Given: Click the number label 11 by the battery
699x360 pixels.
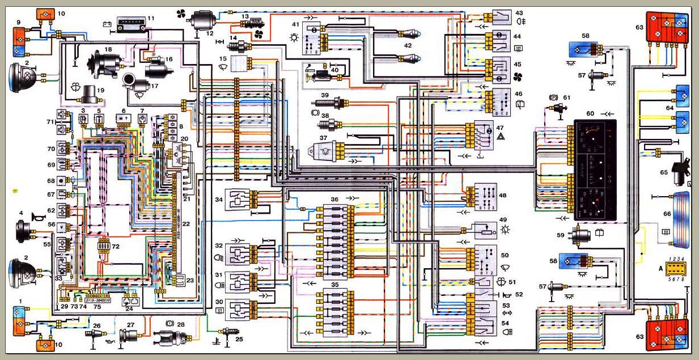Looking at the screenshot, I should click(x=150, y=18).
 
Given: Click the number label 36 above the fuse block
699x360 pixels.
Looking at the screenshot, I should click(x=334, y=199).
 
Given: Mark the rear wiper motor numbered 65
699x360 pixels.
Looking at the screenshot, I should click(x=680, y=171).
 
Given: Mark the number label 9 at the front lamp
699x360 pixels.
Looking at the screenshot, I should click(x=18, y=23).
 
